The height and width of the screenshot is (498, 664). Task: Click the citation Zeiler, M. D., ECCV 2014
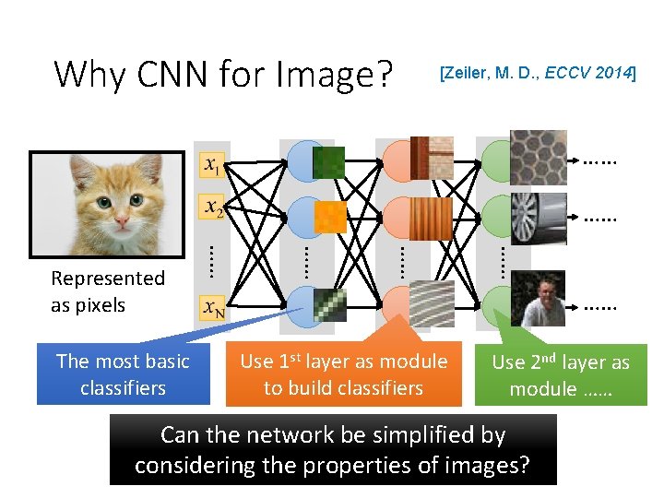point(538,73)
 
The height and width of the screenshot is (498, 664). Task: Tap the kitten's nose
point(120,215)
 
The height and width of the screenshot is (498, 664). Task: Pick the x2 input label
point(212,208)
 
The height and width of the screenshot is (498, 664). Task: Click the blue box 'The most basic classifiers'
point(123,374)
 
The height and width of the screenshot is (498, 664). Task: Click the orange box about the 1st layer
point(343,374)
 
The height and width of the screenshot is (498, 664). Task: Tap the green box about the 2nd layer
point(561,374)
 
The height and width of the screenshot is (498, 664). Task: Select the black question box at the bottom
point(333,449)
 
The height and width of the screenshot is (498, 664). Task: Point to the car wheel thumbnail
point(539,218)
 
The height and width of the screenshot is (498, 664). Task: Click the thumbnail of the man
point(539,299)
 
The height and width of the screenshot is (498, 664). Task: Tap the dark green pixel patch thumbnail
point(328,162)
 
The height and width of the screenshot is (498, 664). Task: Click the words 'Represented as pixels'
point(108,291)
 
